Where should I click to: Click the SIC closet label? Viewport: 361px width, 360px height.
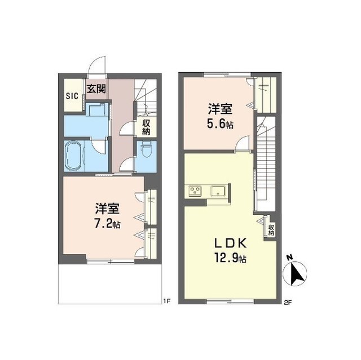tap(72, 96)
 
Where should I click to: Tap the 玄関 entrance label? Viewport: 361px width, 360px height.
tap(96, 89)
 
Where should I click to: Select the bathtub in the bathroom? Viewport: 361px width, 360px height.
tap(73, 156)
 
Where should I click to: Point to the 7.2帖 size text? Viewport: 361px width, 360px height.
tap(108, 224)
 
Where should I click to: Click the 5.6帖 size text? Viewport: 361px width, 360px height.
tap(220, 125)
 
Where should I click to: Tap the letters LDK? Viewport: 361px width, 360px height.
tap(231, 243)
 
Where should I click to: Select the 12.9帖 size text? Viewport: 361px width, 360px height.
tap(231, 258)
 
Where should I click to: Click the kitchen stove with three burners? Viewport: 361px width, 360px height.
tap(195, 191)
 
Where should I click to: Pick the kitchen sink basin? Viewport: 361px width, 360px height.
tap(218, 191)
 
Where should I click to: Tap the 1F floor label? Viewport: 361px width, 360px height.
tap(167, 301)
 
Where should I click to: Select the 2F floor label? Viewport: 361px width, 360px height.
tap(288, 303)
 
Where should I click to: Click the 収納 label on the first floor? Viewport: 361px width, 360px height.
tap(146, 127)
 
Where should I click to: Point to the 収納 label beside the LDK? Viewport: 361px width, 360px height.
tap(271, 230)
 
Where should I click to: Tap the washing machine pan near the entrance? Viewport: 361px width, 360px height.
tap(96, 109)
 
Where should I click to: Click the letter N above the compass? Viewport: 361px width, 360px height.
tap(290, 257)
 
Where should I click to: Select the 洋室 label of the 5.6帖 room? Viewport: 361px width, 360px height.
tap(220, 109)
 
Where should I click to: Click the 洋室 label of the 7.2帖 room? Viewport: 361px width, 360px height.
tap(107, 208)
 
